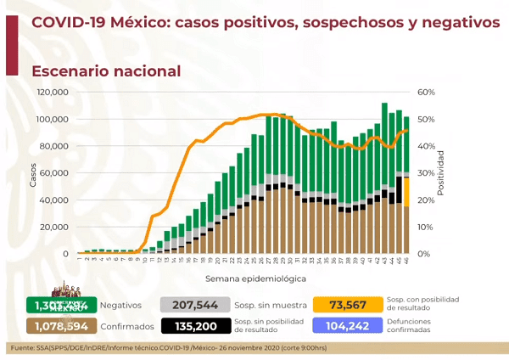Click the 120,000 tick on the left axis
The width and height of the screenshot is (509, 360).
(x=53, y=92)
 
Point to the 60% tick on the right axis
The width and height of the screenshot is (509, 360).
(x=426, y=92)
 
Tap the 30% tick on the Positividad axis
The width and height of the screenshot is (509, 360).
(x=426, y=173)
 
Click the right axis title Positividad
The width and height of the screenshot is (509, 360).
(x=441, y=173)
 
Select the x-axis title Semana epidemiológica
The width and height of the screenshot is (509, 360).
(x=243, y=278)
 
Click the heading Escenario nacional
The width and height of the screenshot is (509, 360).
(x=106, y=70)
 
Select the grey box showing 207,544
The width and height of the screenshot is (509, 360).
(x=193, y=304)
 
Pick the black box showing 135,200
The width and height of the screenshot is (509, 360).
(x=193, y=325)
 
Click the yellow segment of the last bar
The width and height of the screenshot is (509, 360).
(x=406, y=191)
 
